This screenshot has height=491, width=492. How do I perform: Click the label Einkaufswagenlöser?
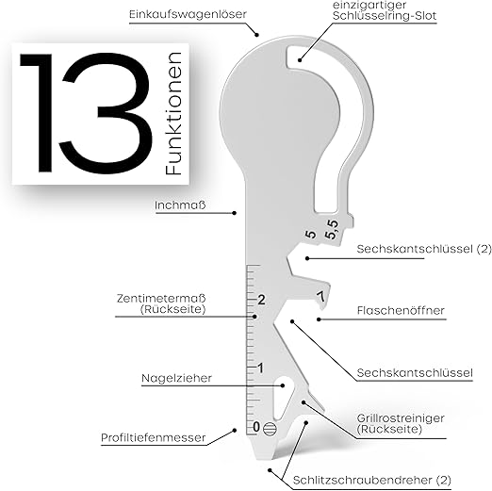pyautogui.click(x=188, y=14)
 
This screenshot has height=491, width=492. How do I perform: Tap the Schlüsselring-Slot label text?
pyautogui.click(x=385, y=16)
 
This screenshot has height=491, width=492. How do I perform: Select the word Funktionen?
pyautogui.click(x=173, y=113)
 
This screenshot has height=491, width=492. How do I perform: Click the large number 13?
pyautogui.click(x=86, y=113)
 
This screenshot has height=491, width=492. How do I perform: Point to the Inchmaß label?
pyautogui.click(x=180, y=205)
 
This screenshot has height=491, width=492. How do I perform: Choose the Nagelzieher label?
pyautogui.click(x=176, y=378)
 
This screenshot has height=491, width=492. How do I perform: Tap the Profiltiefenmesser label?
pyautogui.click(x=154, y=437)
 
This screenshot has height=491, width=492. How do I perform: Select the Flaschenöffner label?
pyautogui.click(x=401, y=310)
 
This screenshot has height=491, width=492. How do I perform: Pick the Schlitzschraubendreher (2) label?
pyautogui.click(x=371, y=480)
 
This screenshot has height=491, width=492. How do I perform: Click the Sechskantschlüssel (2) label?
pyautogui.click(x=424, y=249)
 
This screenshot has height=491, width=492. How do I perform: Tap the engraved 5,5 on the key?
pyautogui.click(x=332, y=229)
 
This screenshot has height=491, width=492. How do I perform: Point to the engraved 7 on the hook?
pyautogui.click(x=320, y=297)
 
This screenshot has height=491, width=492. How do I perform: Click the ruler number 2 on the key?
pyautogui.click(x=261, y=300)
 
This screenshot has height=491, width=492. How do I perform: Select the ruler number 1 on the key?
pyautogui.click(x=260, y=368)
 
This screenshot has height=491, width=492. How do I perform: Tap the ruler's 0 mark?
pyautogui.click(x=256, y=427)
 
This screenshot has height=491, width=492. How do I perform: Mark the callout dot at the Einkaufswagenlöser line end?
pyautogui.click(x=257, y=35)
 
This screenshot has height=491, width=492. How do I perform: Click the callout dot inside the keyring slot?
pyautogui.click(x=300, y=59)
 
